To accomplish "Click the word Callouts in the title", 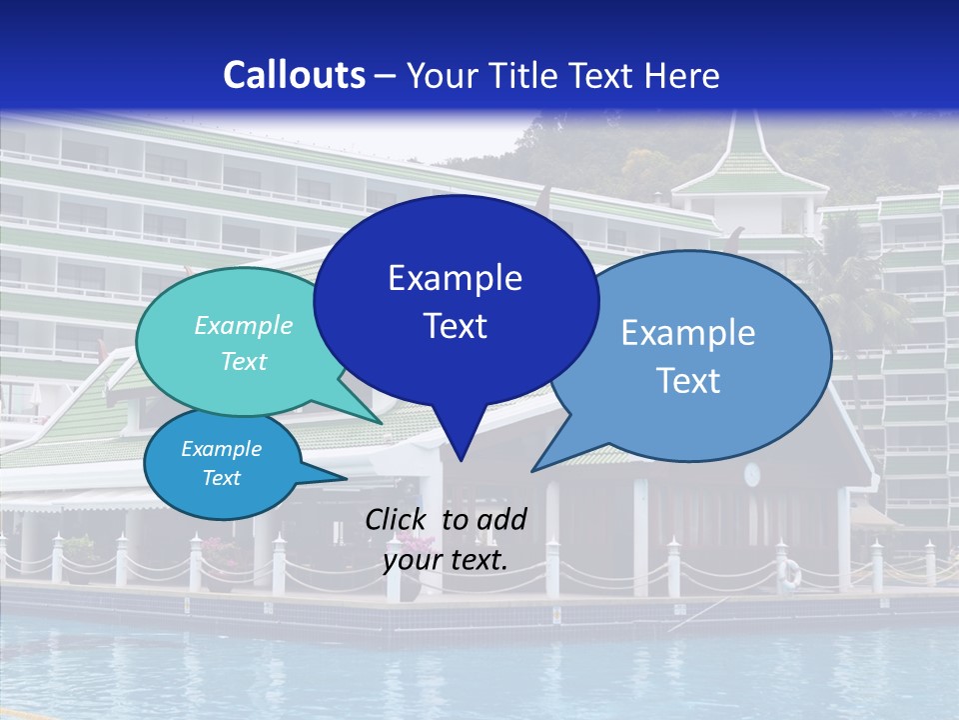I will click(294, 75).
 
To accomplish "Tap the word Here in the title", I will click(681, 75).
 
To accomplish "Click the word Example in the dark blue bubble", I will click(455, 278).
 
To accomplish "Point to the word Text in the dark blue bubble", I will click(455, 326).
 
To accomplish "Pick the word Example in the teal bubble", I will click(244, 325).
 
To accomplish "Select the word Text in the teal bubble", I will click(244, 361).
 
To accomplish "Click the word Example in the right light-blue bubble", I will click(687, 333).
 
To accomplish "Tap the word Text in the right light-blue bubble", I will click(687, 381).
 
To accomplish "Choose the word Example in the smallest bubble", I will click(221, 449).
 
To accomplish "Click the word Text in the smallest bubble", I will click(221, 478).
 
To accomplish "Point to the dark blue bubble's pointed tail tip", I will click(461, 461).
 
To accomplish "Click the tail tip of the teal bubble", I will click(383, 423).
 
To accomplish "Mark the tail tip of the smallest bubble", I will click(347, 478).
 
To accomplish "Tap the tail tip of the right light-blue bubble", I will click(531, 471).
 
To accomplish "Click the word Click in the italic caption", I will click(398, 519).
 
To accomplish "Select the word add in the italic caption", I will click(501, 519).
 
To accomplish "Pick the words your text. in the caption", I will click(446, 560).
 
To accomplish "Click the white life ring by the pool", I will click(790, 572).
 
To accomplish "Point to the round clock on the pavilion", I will click(751, 473).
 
